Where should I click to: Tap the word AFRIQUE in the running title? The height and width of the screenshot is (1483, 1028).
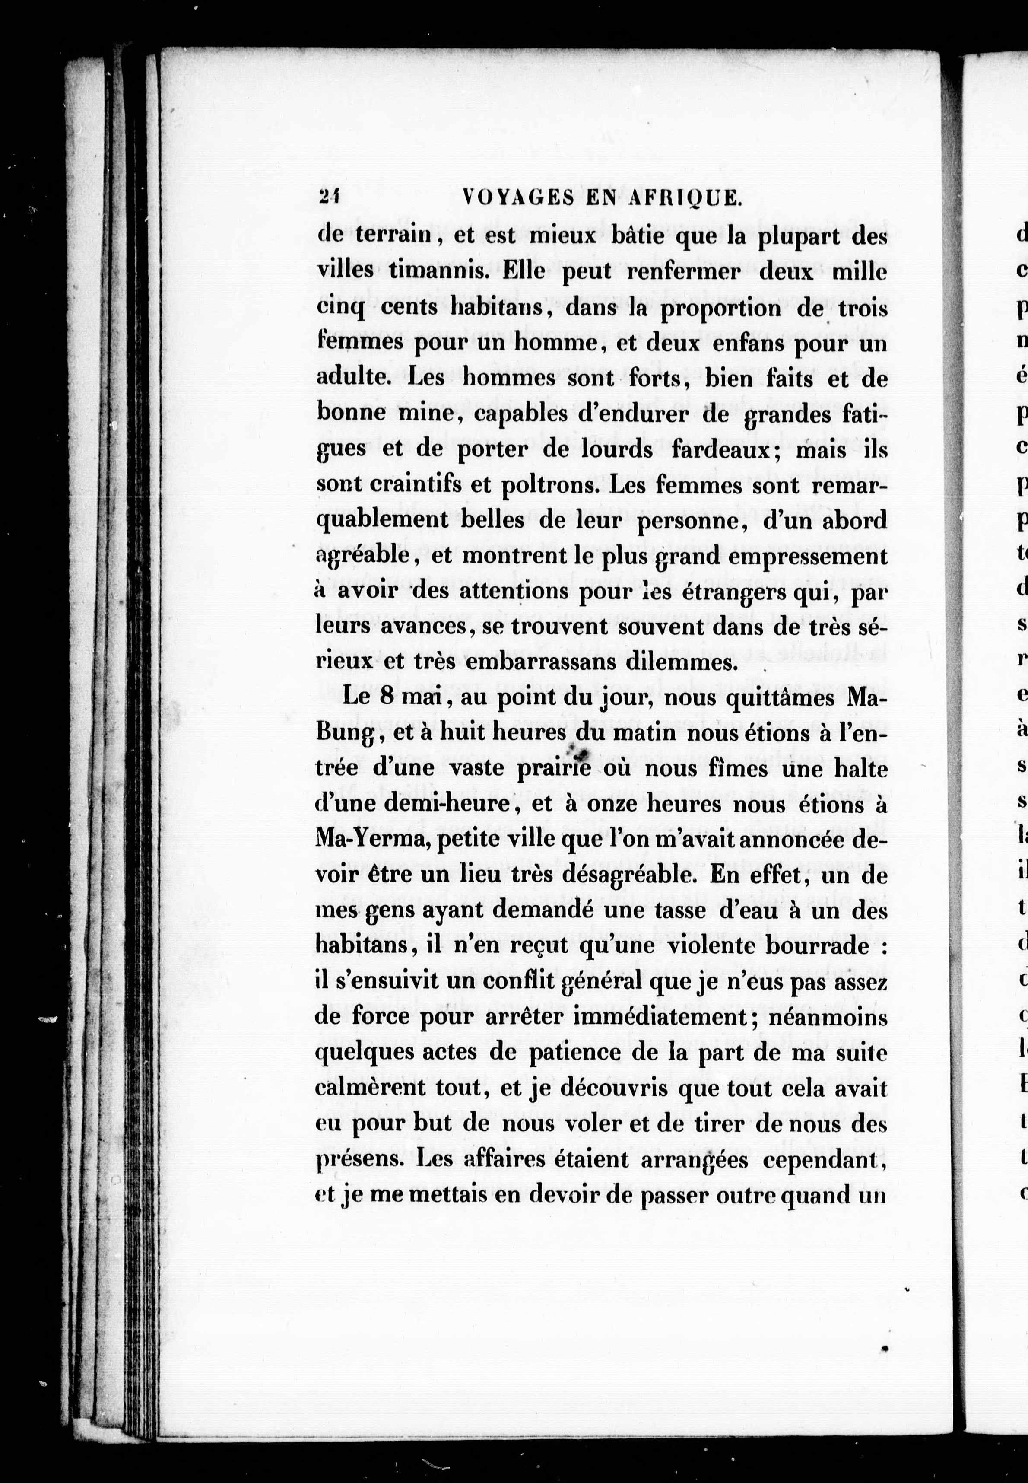(x=685, y=198)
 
